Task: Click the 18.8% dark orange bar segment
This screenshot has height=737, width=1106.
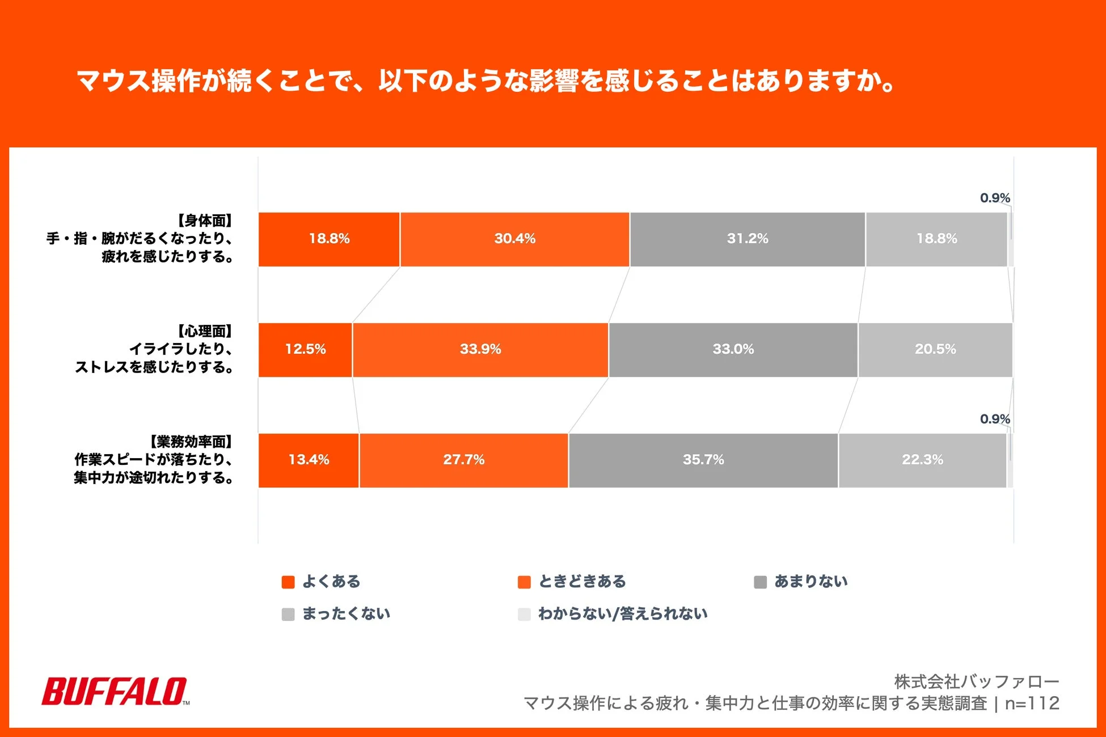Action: click(329, 239)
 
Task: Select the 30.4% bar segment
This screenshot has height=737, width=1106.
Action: click(514, 239)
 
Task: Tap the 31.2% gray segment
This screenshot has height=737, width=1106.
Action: click(747, 239)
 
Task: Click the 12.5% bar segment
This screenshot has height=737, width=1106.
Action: click(305, 350)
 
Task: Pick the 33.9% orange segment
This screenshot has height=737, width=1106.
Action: click(480, 350)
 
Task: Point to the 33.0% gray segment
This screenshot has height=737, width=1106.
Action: click(733, 350)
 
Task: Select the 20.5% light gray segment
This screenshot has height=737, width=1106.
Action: click(935, 350)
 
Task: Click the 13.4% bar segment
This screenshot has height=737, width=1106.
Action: click(309, 460)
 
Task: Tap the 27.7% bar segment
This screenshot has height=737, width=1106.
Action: click(463, 460)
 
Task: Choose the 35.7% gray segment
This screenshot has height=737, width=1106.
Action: click(703, 460)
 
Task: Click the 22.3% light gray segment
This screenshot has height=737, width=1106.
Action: click(922, 460)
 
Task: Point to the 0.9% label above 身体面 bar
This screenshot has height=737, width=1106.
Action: click(995, 198)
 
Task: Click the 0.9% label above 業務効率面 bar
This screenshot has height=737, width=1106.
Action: click(995, 419)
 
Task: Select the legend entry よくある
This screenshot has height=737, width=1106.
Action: click(331, 582)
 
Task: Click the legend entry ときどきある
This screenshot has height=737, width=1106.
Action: click(581, 582)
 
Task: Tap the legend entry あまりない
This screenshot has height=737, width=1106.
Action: click(810, 582)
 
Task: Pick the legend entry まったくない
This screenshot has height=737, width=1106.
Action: click(345, 614)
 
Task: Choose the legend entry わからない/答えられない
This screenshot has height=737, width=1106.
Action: click(622, 614)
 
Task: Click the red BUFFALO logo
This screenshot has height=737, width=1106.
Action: click(115, 691)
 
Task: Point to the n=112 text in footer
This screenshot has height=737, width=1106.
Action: click(1032, 704)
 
